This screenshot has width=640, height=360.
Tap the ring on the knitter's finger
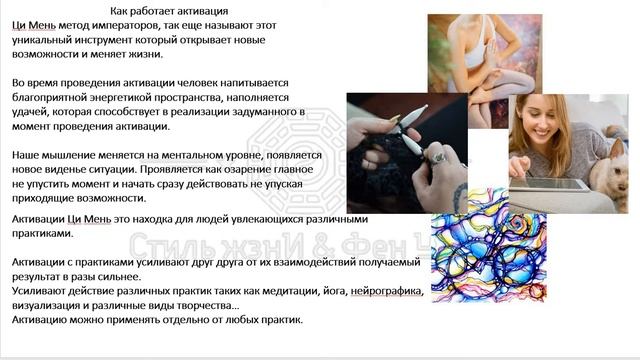pyautogui.click(x=437, y=157)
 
